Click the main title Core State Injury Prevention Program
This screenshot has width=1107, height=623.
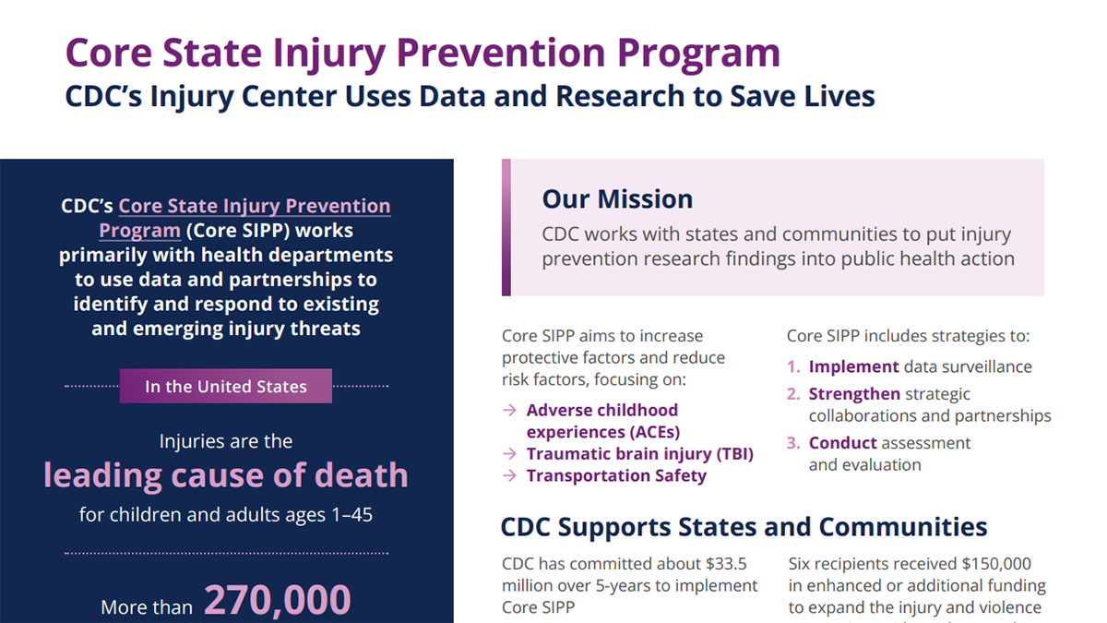click(423, 53)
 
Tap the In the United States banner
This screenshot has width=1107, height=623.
click(226, 387)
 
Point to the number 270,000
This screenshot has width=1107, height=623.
click(277, 600)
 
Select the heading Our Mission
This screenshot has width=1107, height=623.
click(617, 199)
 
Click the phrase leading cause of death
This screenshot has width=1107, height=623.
click(226, 475)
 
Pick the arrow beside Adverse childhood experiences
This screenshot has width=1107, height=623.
click(510, 411)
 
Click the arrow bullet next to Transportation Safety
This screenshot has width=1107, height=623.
click(510, 476)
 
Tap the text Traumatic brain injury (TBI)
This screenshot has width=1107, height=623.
click(639, 454)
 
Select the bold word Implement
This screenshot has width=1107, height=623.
click(853, 367)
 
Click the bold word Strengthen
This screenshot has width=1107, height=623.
click(854, 394)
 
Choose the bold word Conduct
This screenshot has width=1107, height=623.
click(842, 443)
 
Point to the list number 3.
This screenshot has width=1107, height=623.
click(793, 443)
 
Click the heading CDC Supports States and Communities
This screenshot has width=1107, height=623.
click(744, 527)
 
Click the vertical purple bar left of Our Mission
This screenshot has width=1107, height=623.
click(506, 227)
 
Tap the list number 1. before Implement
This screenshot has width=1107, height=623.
click(793, 367)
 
